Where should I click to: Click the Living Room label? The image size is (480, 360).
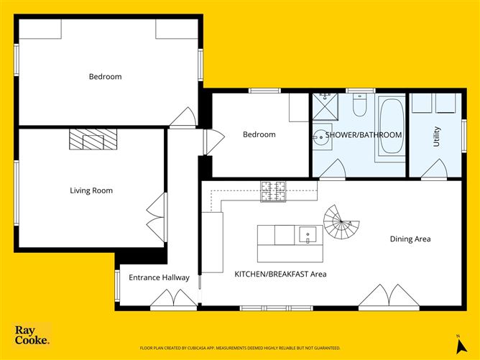pyautogui.click(x=91, y=190)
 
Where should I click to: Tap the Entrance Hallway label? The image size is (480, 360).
pyautogui.click(x=159, y=277)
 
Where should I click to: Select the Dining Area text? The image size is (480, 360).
pyautogui.click(x=410, y=239)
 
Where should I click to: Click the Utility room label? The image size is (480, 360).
pyautogui.click(x=436, y=137)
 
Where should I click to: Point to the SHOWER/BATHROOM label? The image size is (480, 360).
pyautogui.click(x=364, y=135)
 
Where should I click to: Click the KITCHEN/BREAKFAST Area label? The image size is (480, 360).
pyautogui.click(x=281, y=274)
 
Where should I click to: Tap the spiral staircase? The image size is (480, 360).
pyautogui.click(x=341, y=224)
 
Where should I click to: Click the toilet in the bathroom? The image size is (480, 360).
pyautogui.click(x=361, y=106)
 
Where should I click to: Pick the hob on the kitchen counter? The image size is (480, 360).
pyautogui.click(x=273, y=190)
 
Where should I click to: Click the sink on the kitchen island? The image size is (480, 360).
pyautogui.click(x=308, y=234)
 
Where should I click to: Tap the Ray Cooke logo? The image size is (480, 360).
pyautogui.click(x=32, y=336)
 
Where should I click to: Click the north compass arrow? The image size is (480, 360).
pyautogui.click(x=456, y=340)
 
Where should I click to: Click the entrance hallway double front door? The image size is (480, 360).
pyautogui.click(x=172, y=299)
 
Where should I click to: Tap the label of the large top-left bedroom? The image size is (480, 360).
pyautogui.click(x=105, y=77)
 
